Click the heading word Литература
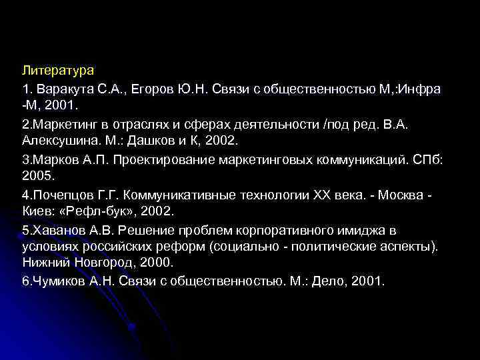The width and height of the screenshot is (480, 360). point(58,69)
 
